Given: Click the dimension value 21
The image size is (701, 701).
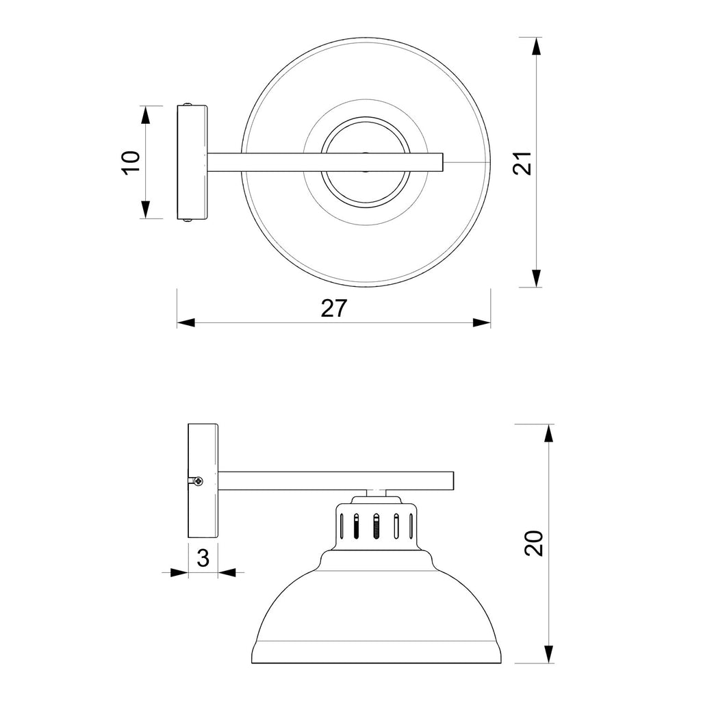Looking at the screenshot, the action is [x=522, y=163].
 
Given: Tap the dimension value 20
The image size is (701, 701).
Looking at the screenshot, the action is [x=534, y=543].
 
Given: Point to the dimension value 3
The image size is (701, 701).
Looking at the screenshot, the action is [x=203, y=558].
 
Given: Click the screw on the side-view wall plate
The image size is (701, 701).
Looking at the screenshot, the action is [x=198, y=481].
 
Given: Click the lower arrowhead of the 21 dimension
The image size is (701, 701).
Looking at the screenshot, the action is [x=537, y=278].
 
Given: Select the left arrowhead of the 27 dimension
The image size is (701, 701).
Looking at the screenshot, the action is [x=186, y=322].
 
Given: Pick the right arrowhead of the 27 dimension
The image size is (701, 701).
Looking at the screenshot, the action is [x=481, y=322].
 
